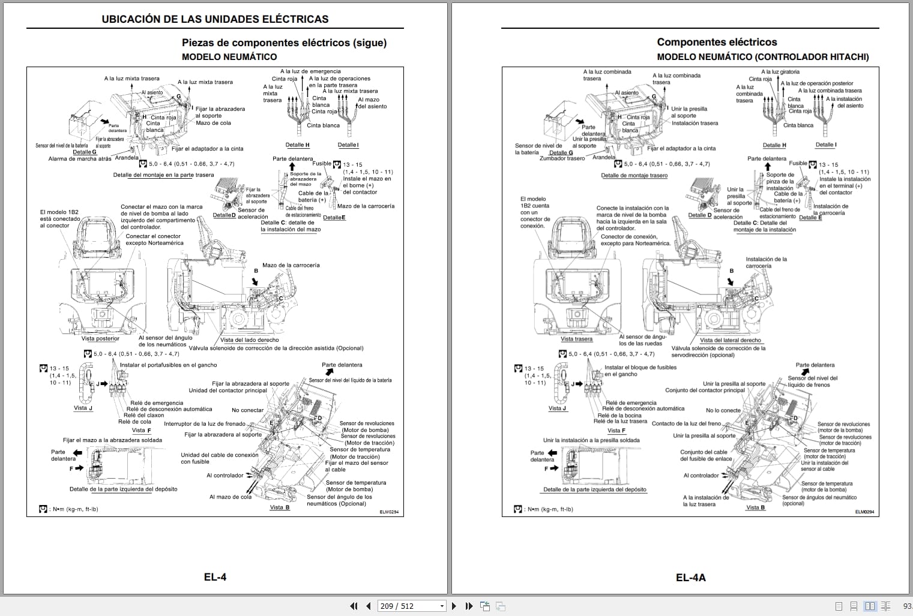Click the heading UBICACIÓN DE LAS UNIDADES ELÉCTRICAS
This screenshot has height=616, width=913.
coord(215,19)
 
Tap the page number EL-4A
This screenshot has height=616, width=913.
coord(690,578)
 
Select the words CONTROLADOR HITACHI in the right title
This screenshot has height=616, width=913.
coord(812,57)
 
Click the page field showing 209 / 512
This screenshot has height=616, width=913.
coord(411,606)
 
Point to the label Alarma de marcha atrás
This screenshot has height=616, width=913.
coord(80,159)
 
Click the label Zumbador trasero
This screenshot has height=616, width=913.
coord(562,158)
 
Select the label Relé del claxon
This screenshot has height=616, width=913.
coord(143,415)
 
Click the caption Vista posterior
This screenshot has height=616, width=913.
coord(100,339)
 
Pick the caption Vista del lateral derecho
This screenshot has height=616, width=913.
coord(730,340)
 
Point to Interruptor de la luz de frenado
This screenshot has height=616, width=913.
coord(205,424)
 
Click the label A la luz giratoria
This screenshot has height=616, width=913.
coord(780,72)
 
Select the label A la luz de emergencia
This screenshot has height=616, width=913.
coord(310,71)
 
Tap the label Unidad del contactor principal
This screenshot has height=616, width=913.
coord(227,390)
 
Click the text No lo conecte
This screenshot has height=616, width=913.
coord(723,411)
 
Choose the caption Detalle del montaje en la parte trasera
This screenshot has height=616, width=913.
coord(163,175)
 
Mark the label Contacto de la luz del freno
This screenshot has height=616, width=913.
coord(686,423)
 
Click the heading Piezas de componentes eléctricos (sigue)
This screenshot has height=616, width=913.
coord(284,43)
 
